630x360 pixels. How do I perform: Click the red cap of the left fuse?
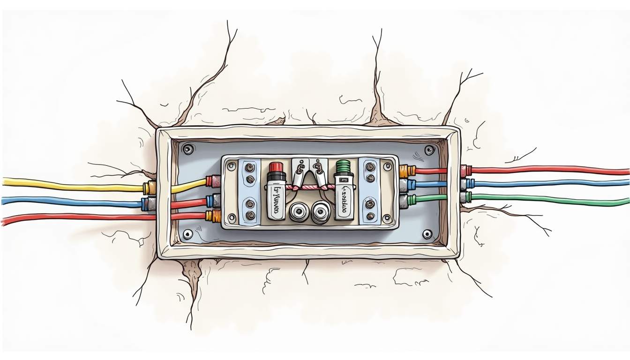click(276, 168)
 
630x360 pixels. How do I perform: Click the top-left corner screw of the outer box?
click(188, 150)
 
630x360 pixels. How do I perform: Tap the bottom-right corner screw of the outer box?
click(427, 233)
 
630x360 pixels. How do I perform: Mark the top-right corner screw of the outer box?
click(429, 150)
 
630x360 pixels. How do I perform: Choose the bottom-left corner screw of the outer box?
click(188, 234)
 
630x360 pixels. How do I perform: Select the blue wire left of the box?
click(70, 202)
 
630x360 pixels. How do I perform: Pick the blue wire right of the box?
click(548, 184)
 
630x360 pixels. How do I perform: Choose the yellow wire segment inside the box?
click(187, 186)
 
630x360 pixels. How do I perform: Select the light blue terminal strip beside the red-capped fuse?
click(249, 192)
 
